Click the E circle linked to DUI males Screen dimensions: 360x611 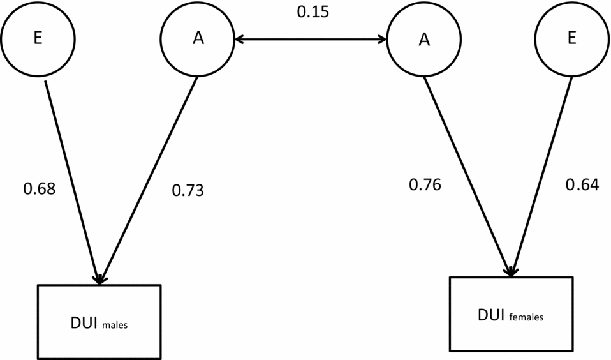(38, 38)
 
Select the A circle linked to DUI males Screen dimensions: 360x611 (198, 38)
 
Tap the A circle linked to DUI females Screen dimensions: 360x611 (423, 40)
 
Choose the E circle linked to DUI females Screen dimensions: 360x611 (571, 38)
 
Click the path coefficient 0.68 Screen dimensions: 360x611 (40, 189)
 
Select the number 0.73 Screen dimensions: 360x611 (188, 190)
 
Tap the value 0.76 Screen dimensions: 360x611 (425, 185)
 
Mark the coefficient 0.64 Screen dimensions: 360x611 (582, 185)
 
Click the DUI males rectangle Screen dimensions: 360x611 (99, 322)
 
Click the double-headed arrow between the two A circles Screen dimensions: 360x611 (311, 40)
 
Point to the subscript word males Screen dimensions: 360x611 (114, 325)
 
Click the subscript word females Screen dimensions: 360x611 (526, 317)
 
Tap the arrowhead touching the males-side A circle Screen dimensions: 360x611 (239, 40)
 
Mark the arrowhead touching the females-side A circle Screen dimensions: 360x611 (383, 40)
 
